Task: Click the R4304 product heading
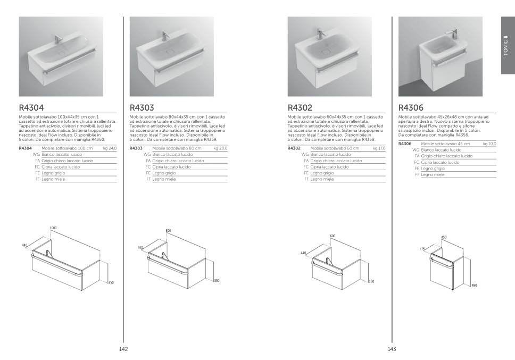point(31,107)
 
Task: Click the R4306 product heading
point(411,107)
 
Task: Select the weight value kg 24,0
point(110,148)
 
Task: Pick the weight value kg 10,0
point(489,144)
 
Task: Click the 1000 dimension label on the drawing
point(53,228)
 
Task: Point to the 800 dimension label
point(169,231)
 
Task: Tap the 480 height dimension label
point(474,286)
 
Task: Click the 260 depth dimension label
point(423,248)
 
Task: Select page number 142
point(123,349)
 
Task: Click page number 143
point(392,349)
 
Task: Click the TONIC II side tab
point(506,45)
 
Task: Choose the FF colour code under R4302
point(306,179)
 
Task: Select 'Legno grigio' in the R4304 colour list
point(54,173)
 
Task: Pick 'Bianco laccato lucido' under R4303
point(172,154)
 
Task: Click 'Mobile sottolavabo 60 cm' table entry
point(335,148)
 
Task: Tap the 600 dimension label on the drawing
point(333,236)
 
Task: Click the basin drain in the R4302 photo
point(326,52)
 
